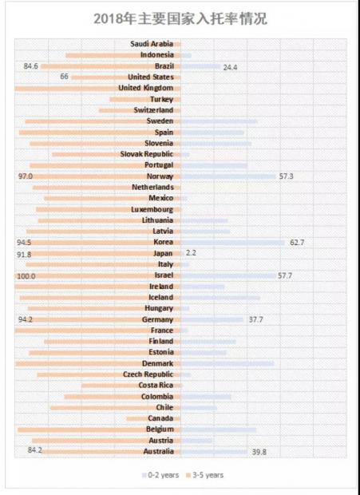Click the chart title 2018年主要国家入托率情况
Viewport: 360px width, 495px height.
pyautogui.click(x=180, y=18)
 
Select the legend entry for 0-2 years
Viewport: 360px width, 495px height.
pyautogui.click(x=160, y=475)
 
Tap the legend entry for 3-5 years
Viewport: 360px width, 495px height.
pyautogui.click(x=205, y=475)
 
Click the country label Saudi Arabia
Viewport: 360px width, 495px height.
pyautogui.click(x=152, y=44)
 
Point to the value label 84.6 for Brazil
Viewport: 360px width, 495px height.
pyautogui.click(x=30, y=66)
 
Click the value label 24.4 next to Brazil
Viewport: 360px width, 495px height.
pyautogui.click(x=230, y=67)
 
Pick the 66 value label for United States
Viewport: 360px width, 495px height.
pyautogui.click(x=64, y=77)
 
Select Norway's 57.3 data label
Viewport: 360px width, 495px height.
pyautogui.click(x=286, y=176)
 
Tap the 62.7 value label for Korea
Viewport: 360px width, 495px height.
pyautogui.click(x=297, y=243)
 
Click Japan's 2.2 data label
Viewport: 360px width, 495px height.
pyautogui.click(x=191, y=253)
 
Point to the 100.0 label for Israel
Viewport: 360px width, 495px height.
pyautogui.click(x=26, y=276)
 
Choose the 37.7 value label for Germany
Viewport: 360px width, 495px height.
pyautogui.click(x=255, y=319)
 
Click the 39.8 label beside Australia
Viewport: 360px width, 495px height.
pyautogui.click(x=259, y=452)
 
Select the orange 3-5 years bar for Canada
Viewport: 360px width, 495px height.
pyautogui.click(x=153, y=418)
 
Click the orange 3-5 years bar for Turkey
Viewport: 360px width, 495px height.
pyautogui.click(x=145, y=100)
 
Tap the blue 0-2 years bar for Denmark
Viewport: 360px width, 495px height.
pyautogui.click(x=227, y=364)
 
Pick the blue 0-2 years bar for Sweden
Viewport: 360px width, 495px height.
pyautogui.click(x=220, y=121)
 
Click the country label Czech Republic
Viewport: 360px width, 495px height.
pyautogui.click(x=148, y=374)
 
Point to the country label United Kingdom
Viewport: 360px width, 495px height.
pyautogui.click(x=146, y=88)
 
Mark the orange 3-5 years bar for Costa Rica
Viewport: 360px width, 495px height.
pyautogui.click(x=131, y=386)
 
